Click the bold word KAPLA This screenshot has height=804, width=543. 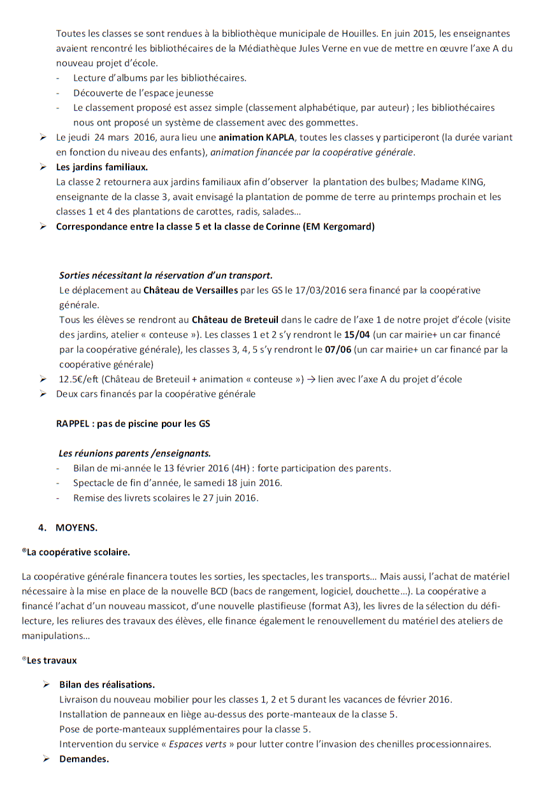point(280,137)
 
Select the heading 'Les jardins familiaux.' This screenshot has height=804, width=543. point(102,167)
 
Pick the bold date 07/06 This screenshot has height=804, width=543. point(340,349)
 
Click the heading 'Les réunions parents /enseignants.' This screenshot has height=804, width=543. point(134,454)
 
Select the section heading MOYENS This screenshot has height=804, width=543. point(76,528)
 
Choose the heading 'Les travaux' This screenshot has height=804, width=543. point(51,660)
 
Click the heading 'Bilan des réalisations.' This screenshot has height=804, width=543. point(107,685)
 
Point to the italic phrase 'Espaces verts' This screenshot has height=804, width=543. point(198,744)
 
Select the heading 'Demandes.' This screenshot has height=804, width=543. point(84,759)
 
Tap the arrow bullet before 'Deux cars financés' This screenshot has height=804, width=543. point(43,394)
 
